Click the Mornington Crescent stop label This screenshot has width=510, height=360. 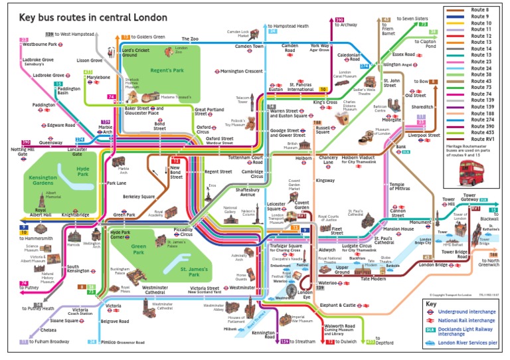pyautogui.click(x=241, y=71)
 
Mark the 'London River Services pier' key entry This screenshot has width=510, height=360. pyautogui.click(x=469, y=343)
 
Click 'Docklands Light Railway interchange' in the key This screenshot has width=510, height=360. pyautogui.click(x=469, y=331)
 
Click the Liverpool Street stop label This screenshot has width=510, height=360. pyautogui.click(x=424, y=135)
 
